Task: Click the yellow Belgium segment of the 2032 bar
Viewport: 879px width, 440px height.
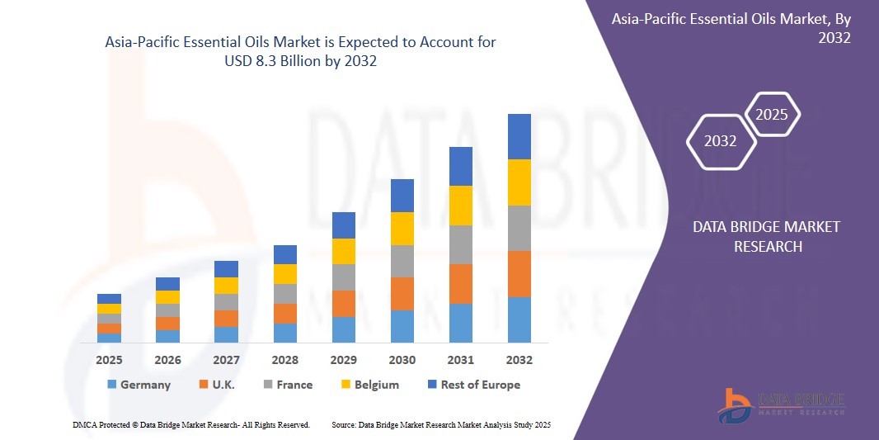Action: (519, 182)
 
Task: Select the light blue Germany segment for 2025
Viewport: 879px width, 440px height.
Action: (109, 338)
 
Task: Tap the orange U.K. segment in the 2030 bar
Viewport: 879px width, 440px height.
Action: (402, 294)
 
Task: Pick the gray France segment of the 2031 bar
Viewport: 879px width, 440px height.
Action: (460, 244)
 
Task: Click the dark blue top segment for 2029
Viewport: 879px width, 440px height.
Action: (343, 225)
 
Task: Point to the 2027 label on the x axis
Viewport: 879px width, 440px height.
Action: (226, 360)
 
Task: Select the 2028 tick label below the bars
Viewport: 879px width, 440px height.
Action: (284, 360)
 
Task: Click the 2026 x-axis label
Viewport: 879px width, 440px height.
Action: (167, 360)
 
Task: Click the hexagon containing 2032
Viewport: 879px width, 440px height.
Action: (721, 141)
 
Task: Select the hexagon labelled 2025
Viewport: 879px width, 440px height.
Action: (773, 115)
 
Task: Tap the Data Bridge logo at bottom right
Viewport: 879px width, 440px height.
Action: (781, 405)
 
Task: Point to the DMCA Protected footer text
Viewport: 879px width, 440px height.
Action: (191, 424)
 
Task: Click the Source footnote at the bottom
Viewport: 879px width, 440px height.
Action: (440, 424)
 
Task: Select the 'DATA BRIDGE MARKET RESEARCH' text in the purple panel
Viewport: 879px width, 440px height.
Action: (766, 236)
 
